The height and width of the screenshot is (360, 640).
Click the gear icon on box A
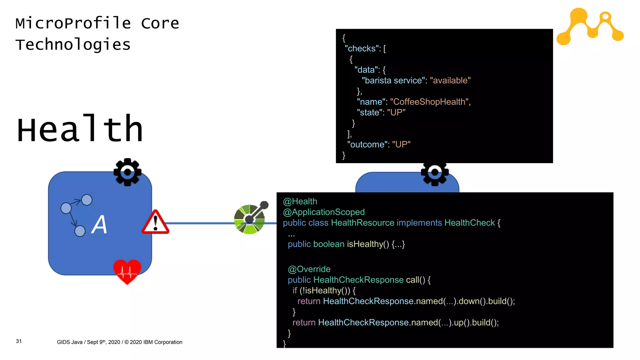click(127, 172)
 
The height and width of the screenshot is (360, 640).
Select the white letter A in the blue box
click(99, 225)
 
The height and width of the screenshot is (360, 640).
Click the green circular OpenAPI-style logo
click(249, 219)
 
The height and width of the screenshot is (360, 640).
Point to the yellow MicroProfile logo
click(590, 27)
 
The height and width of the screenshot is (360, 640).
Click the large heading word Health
click(80, 129)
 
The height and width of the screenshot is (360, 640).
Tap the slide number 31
click(19, 341)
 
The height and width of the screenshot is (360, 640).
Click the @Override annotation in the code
click(309, 269)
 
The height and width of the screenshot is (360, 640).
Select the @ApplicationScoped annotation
click(324, 212)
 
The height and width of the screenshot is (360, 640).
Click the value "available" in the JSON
click(450, 81)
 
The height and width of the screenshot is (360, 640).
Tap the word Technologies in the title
click(73, 44)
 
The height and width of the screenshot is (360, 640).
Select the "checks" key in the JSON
click(362, 49)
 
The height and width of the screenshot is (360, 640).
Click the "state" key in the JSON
click(370, 112)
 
